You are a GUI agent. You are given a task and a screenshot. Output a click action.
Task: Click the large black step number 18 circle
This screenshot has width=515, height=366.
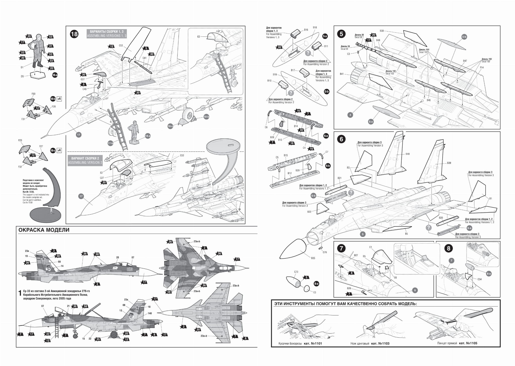point(74,34)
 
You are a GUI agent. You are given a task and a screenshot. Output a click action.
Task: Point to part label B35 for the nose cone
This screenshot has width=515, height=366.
point(313,258)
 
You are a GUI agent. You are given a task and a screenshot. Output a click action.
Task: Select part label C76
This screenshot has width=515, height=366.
point(325,252)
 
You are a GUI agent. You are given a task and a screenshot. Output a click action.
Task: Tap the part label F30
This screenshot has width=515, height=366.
point(33,94)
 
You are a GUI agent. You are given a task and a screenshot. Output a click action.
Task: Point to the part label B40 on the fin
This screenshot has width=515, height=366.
point(407,154)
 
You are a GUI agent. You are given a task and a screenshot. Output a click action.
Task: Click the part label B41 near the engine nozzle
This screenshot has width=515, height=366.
point(341,74)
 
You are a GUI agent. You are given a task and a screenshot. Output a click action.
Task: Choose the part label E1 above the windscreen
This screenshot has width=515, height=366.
point(370,247)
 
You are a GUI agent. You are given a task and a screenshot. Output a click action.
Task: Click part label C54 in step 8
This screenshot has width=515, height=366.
point(479,279)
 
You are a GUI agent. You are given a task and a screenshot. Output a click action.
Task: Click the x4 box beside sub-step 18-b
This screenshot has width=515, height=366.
point(59,99)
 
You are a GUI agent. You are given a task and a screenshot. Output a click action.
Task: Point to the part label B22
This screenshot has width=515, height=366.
point(309,212)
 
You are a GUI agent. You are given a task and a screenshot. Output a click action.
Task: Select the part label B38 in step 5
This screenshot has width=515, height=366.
point(381,31)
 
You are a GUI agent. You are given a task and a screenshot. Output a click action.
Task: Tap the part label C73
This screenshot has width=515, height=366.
point(296,272)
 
